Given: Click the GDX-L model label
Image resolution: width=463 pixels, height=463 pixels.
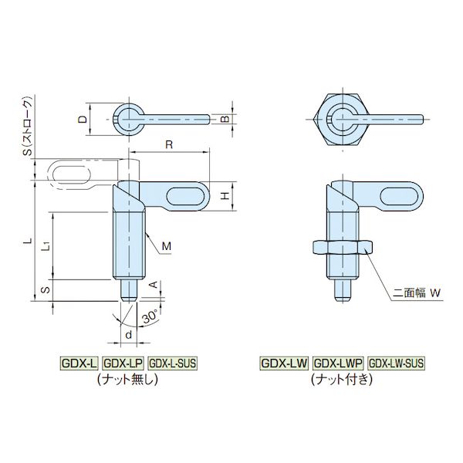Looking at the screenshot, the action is (79, 363).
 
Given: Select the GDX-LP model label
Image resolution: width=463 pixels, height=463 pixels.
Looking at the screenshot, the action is (123, 363).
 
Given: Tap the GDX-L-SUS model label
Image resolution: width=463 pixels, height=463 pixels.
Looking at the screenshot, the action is (172, 363).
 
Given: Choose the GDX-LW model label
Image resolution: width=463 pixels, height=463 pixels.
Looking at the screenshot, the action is (284, 363).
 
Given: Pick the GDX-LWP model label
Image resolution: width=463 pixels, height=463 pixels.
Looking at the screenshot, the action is (338, 363).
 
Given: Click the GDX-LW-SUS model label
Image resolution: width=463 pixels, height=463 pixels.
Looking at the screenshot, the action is (396, 363).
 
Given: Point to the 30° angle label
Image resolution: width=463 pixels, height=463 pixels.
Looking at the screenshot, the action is (151, 317).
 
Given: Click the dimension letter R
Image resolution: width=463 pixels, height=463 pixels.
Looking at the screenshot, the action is (169, 145).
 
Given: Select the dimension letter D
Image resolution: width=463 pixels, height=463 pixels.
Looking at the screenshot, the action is (83, 120).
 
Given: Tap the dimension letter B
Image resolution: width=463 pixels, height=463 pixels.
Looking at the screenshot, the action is (225, 119).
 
